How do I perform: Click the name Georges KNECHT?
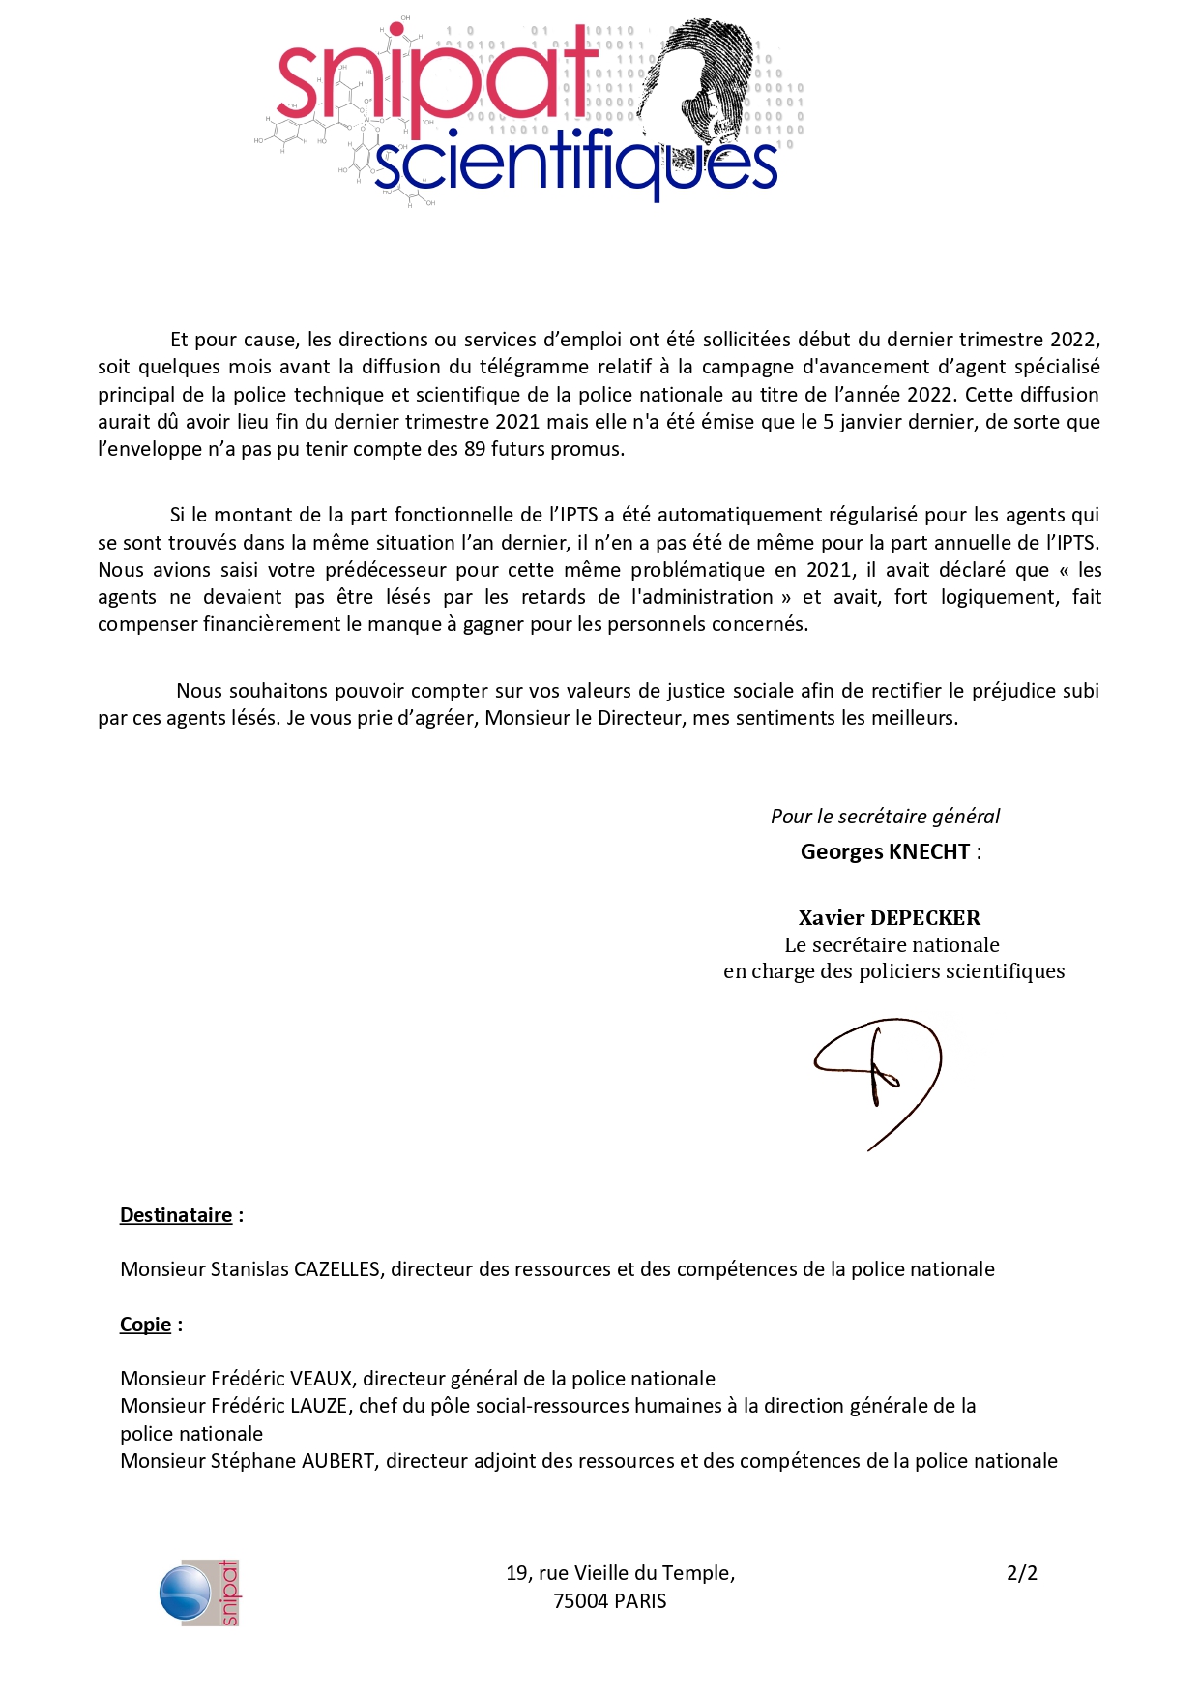tap(885, 851)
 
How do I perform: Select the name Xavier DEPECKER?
tap(889, 917)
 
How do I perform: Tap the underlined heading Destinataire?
tap(176, 1215)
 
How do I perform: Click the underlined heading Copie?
tap(145, 1325)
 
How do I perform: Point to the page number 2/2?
tap(1021, 1573)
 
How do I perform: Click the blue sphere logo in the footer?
tap(185, 1593)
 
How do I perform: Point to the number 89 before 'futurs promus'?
tap(475, 449)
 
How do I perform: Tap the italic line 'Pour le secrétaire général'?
tap(885, 817)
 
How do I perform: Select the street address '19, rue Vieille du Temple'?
tap(620, 1573)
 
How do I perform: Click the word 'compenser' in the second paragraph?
tap(147, 624)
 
